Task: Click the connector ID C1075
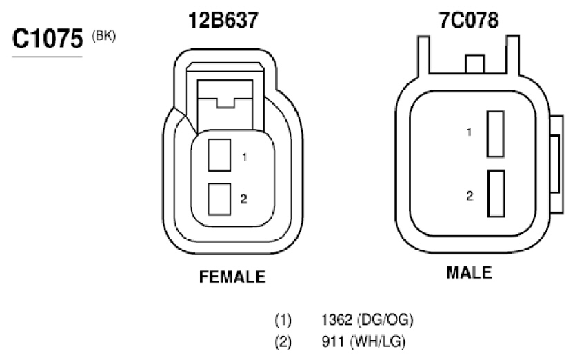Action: tap(48, 38)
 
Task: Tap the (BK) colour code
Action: tap(104, 36)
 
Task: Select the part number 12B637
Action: tap(223, 20)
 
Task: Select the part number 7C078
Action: tap(469, 20)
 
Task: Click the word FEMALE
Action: tap(232, 277)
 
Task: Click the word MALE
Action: tap(469, 272)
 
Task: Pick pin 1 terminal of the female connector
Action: tap(220, 155)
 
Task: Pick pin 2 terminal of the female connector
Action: tap(220, 199)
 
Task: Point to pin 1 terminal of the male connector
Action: tap(496, 134)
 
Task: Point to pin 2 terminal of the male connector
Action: tap(496, 193)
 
